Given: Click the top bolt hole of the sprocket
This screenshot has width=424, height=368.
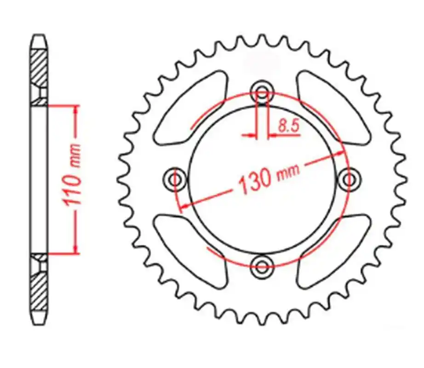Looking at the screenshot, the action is click(x=262, y=92).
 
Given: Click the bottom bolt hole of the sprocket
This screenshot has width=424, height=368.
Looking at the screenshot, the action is click(x=262, y=267).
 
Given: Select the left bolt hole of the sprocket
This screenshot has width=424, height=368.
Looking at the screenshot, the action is click(x=175, y=179).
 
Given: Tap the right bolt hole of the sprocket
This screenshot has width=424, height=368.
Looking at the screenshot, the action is click(x=349, y=179).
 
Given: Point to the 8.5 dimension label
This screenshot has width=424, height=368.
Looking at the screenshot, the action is click(x=288, y=126).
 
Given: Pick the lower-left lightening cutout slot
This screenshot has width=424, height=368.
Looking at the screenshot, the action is click(x=190, y=250).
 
